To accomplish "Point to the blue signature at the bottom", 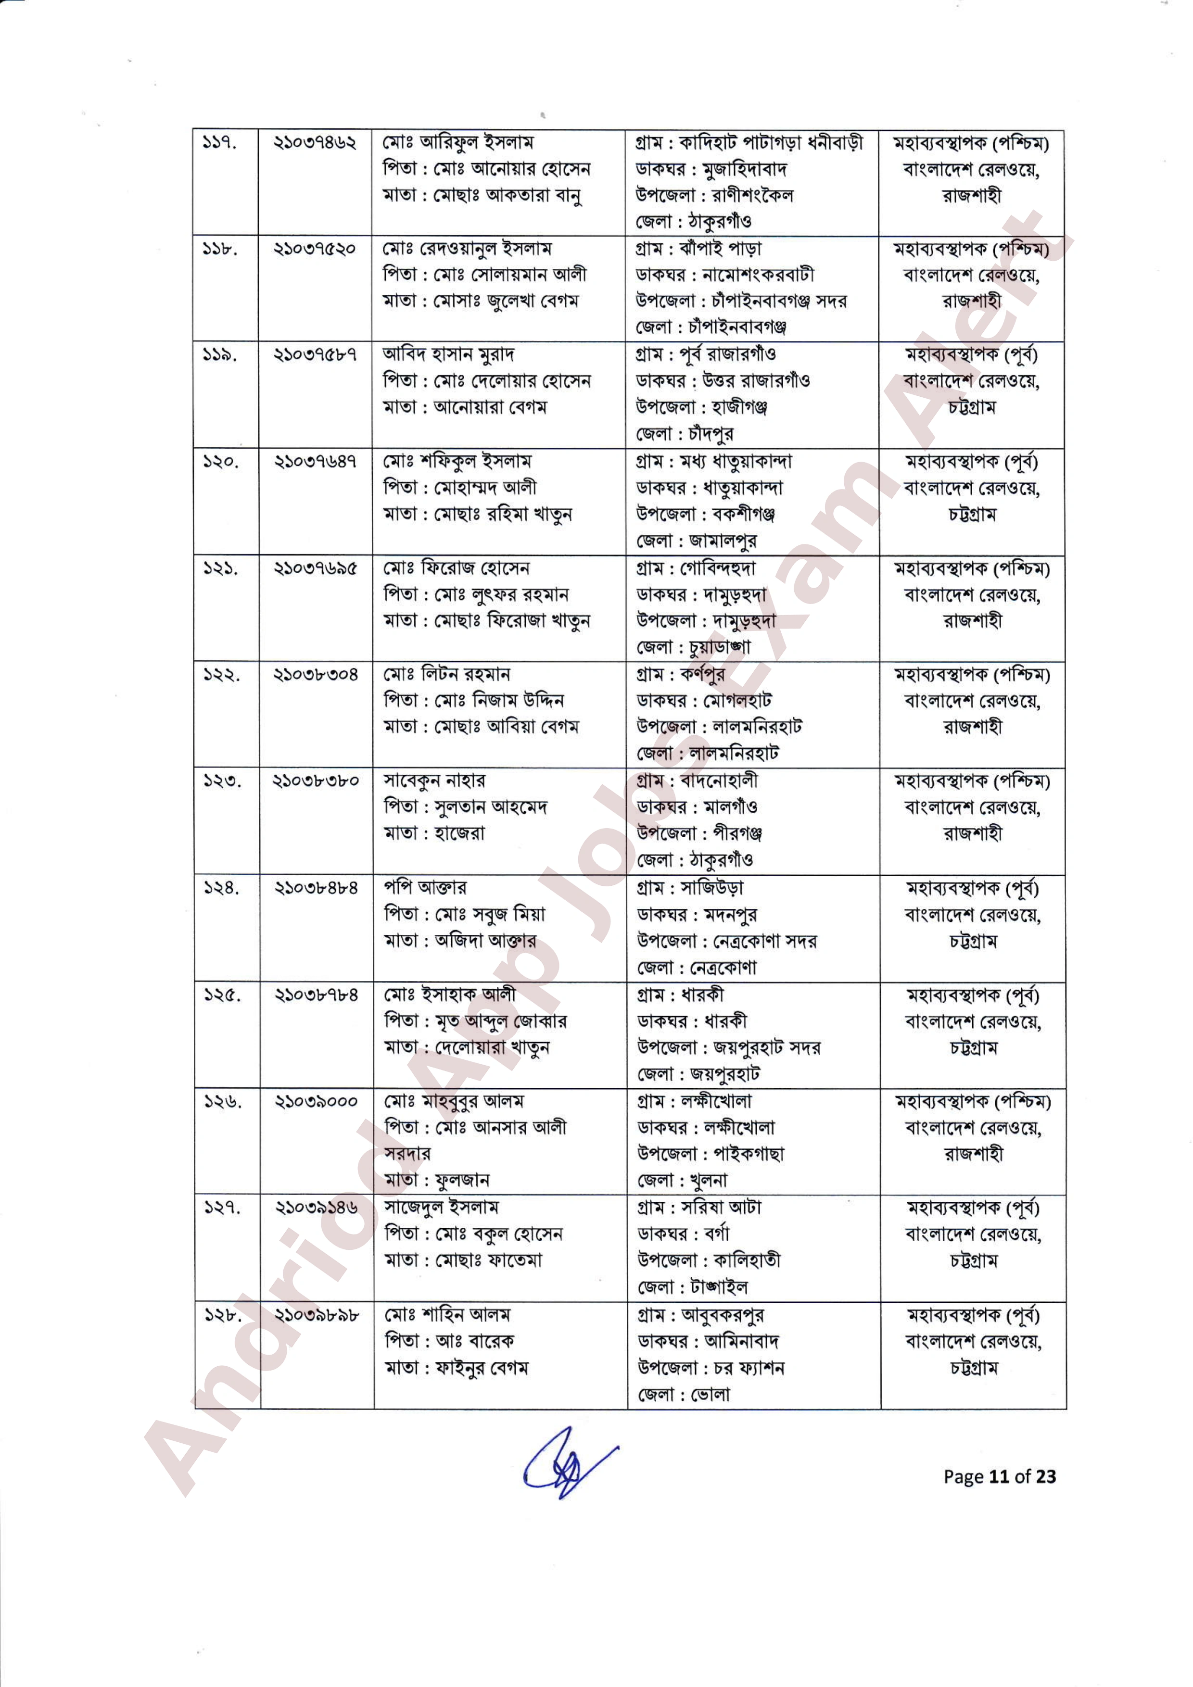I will (566, 1470).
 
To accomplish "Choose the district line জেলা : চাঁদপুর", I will (685, 434).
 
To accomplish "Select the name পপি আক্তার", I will (425, 888).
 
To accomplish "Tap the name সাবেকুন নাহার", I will (434, 781).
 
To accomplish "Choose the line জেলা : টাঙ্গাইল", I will (692, 1287).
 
